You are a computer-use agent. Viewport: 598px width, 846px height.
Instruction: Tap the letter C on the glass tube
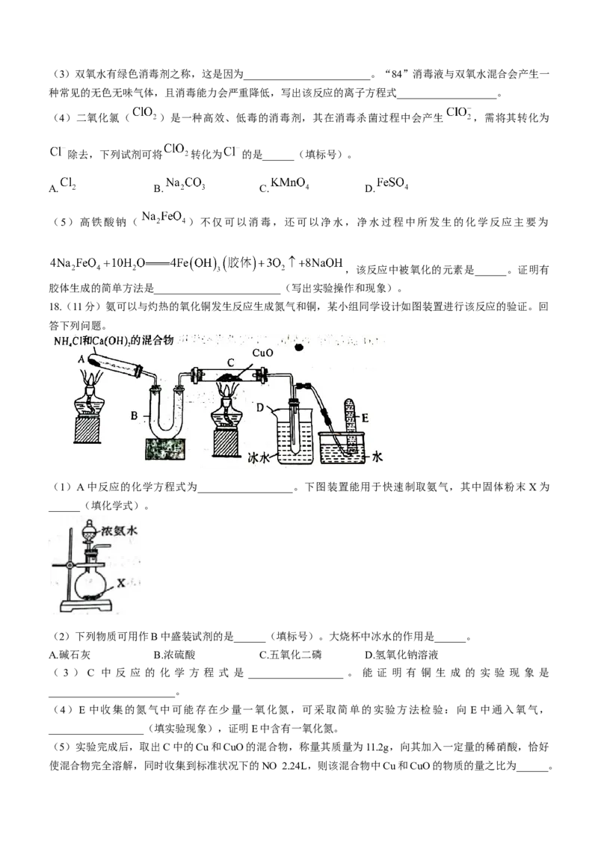pos(230,364)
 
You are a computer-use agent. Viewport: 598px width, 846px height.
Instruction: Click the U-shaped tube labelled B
pos(168,419)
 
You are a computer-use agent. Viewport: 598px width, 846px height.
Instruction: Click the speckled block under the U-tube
pos(168,450)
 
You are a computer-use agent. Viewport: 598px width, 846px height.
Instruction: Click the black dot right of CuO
pos(300,347)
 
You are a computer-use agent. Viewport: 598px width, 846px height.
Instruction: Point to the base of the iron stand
pos(93,607)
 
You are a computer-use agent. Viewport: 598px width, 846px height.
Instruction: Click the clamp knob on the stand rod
pos(55,564)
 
